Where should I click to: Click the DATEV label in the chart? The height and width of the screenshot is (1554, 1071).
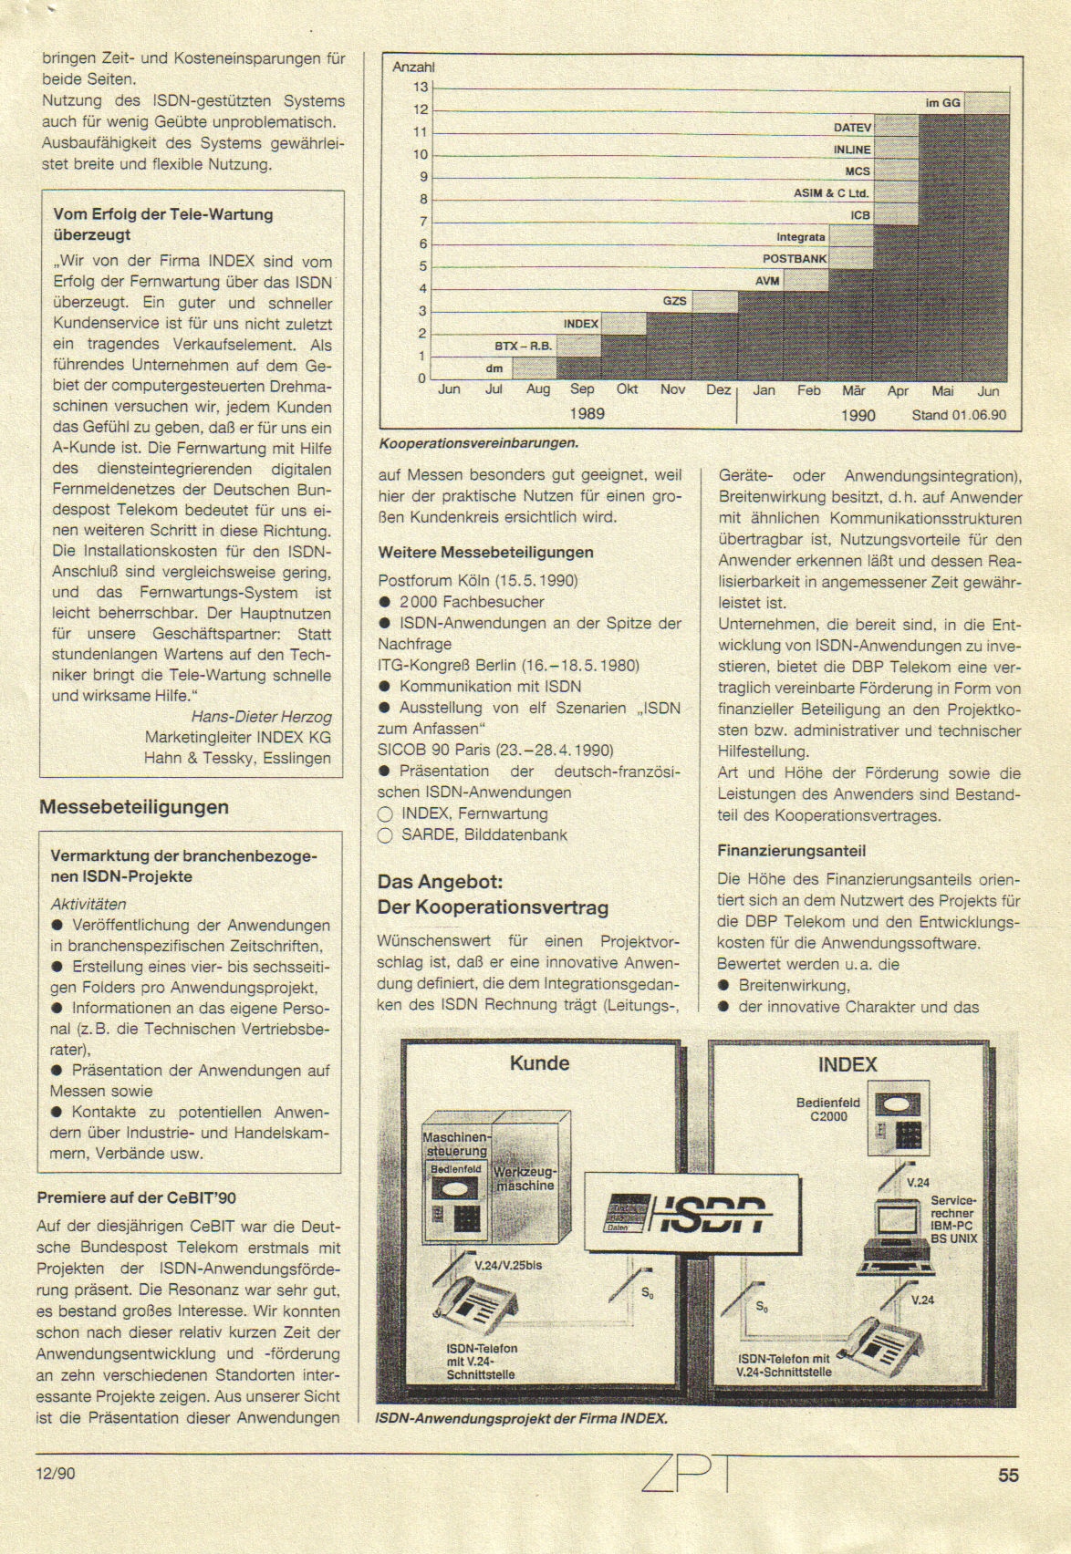click(852, 128)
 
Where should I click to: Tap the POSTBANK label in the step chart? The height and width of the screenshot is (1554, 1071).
click(794, 259)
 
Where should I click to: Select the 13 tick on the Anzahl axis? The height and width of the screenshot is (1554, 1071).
click(420, 88)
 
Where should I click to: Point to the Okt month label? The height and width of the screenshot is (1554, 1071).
click(627, 389)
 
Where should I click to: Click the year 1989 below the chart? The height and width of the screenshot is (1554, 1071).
click(587, 413)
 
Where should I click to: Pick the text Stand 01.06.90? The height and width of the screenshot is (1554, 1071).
click(959, 415)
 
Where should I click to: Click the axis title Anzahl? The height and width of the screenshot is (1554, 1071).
click(413, 67)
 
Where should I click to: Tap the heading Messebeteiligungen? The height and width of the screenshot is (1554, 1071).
click(134, 807)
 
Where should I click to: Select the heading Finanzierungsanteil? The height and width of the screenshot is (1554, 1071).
click(792, 851)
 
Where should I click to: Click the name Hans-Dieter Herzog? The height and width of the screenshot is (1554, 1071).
click(261, 717)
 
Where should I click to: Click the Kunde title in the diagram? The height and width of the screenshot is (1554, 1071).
click(539, 1063)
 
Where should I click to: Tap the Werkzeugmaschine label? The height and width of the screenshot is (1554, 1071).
click(525, 1178)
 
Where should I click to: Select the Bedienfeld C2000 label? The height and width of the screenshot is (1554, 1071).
click(822, 1110)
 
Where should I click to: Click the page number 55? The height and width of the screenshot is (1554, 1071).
click(1008, 1475)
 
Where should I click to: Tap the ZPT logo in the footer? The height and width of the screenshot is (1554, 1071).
click(689, 1472)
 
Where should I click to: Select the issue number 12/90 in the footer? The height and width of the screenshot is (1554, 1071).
click(57, 1473)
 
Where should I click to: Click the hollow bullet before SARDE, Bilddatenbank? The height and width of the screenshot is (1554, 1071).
click(385, 835)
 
